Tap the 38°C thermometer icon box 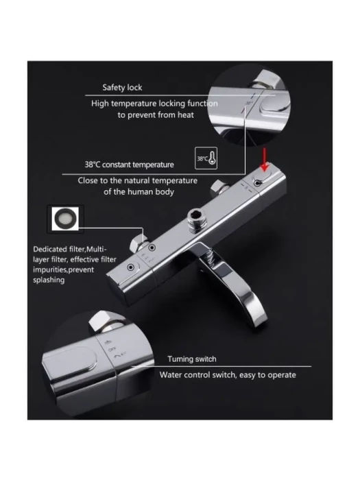206,158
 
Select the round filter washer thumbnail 65,218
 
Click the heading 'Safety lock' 122,88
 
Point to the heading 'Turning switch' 191,359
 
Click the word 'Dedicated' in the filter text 50,249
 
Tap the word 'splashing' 49,280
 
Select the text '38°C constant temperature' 129,165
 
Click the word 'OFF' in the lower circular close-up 112,348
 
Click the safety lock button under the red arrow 261,178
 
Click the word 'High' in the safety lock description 100,104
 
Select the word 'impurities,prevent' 63,269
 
